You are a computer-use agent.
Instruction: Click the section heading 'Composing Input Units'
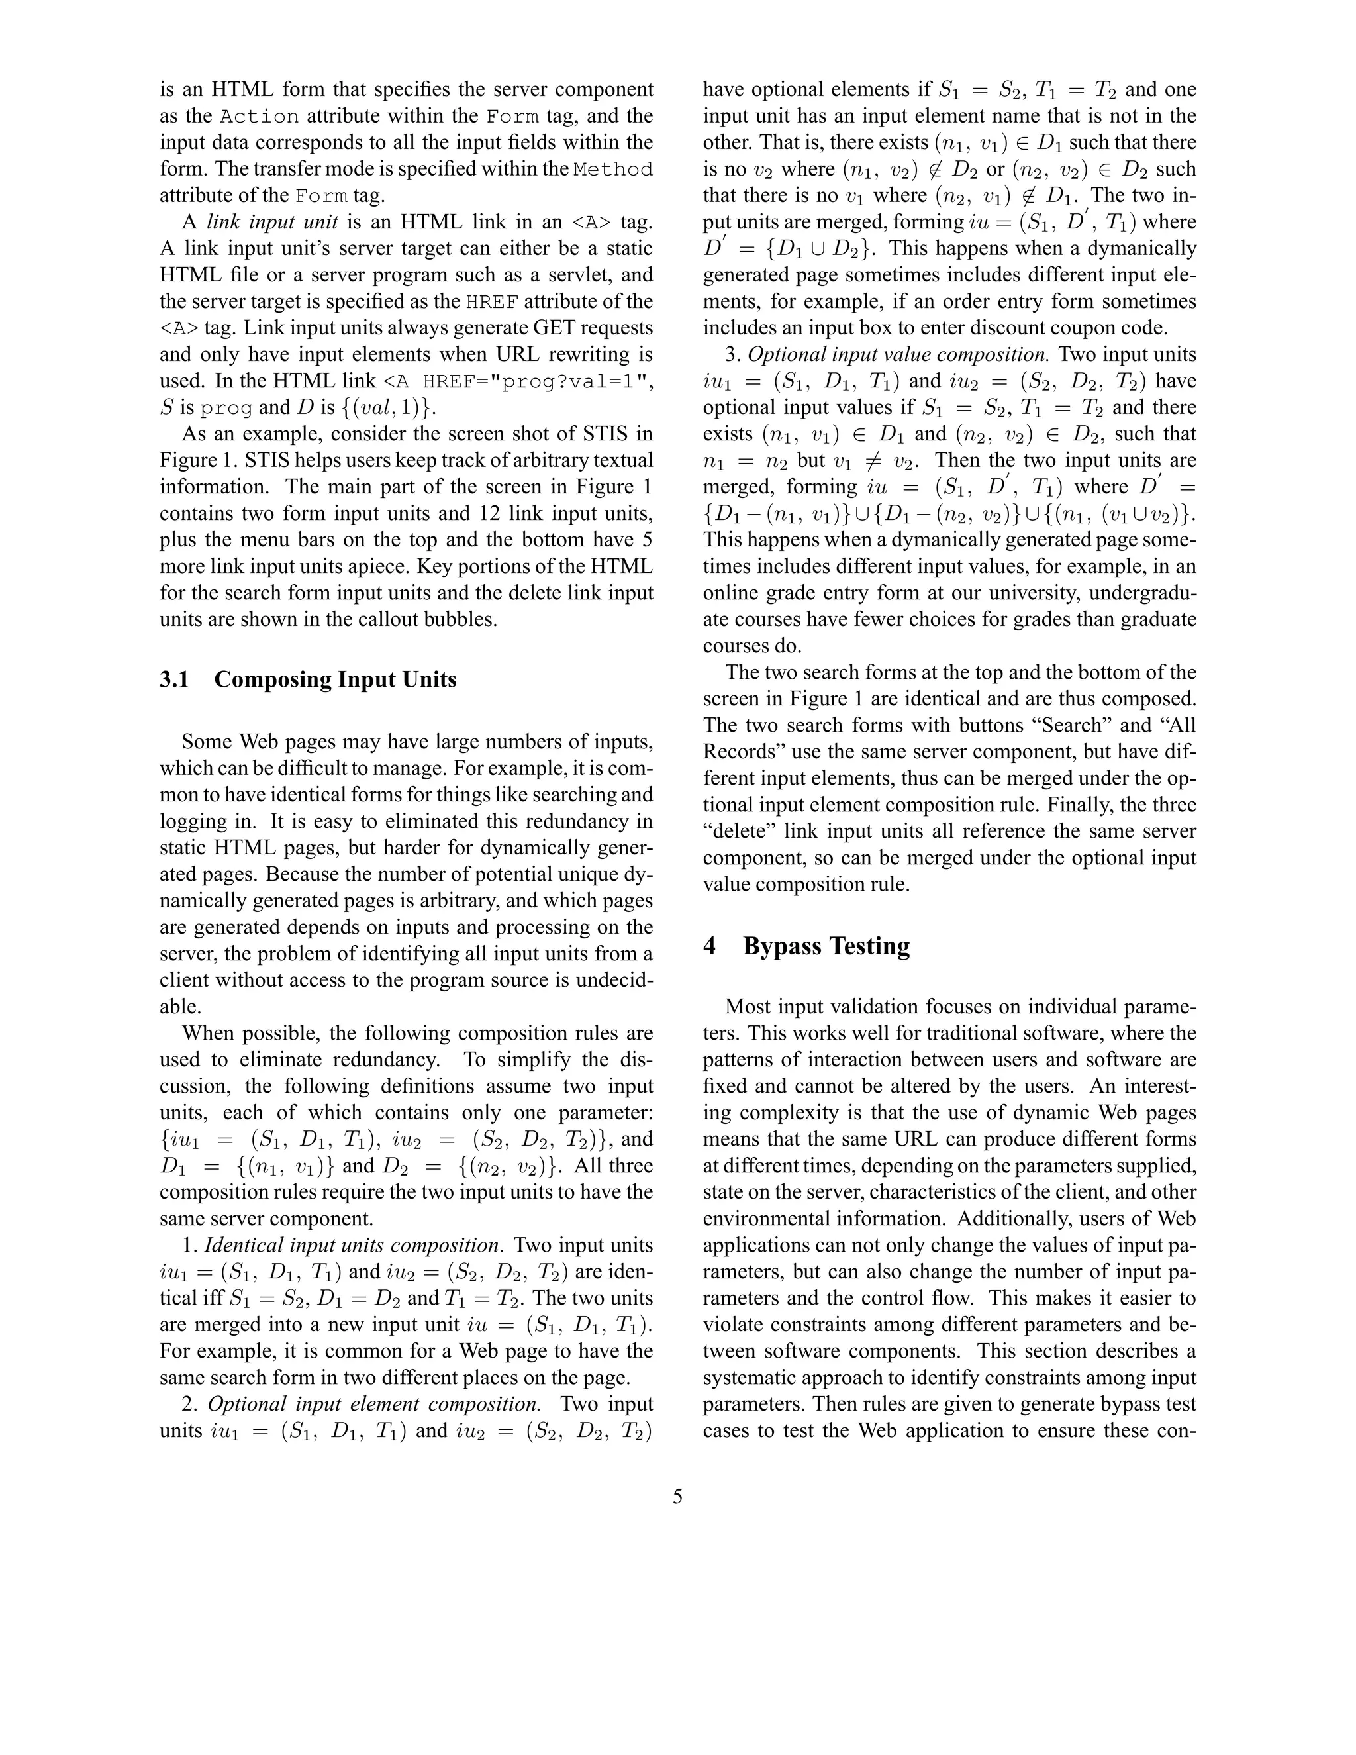335,680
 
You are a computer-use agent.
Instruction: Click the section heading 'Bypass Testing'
826,946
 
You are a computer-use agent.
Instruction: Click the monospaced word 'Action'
260,117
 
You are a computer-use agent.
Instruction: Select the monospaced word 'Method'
614,170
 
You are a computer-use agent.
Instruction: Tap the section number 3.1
174,680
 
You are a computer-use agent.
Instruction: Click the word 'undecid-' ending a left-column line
605,980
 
